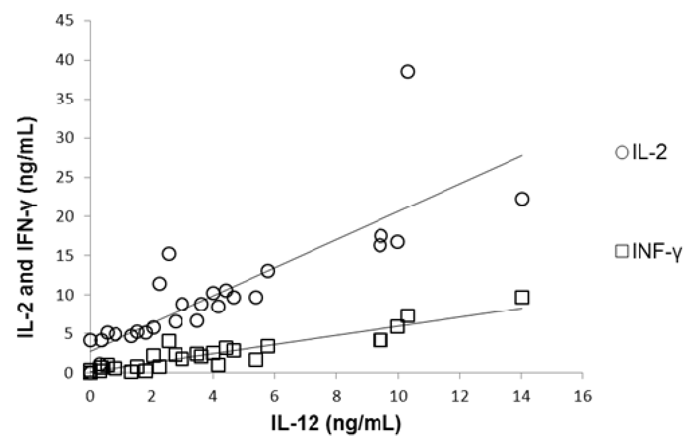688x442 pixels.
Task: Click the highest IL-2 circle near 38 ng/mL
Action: point(408,71)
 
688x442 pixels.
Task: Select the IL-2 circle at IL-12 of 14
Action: point(522,199)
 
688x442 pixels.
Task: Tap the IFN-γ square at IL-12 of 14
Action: point(522,297)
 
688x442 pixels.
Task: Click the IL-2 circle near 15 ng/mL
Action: point(169,253)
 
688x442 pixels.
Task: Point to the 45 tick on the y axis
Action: point(65,21)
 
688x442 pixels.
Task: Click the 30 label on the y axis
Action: point(65,138)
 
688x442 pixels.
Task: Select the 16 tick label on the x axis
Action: point(583,396)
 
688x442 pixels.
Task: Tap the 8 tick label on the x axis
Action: point(336,396)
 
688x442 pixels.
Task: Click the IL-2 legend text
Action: point(650,152)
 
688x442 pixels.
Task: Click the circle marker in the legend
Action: point(622,152)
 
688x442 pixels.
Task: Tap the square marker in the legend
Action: point(622,251)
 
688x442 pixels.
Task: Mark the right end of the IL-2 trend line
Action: point(522,156)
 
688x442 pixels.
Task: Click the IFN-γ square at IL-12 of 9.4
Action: point(380,340)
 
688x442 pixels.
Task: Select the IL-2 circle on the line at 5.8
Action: point(268,271)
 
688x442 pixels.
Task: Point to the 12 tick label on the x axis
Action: point(459,396)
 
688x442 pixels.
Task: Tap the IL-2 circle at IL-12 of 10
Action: point(398,242)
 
